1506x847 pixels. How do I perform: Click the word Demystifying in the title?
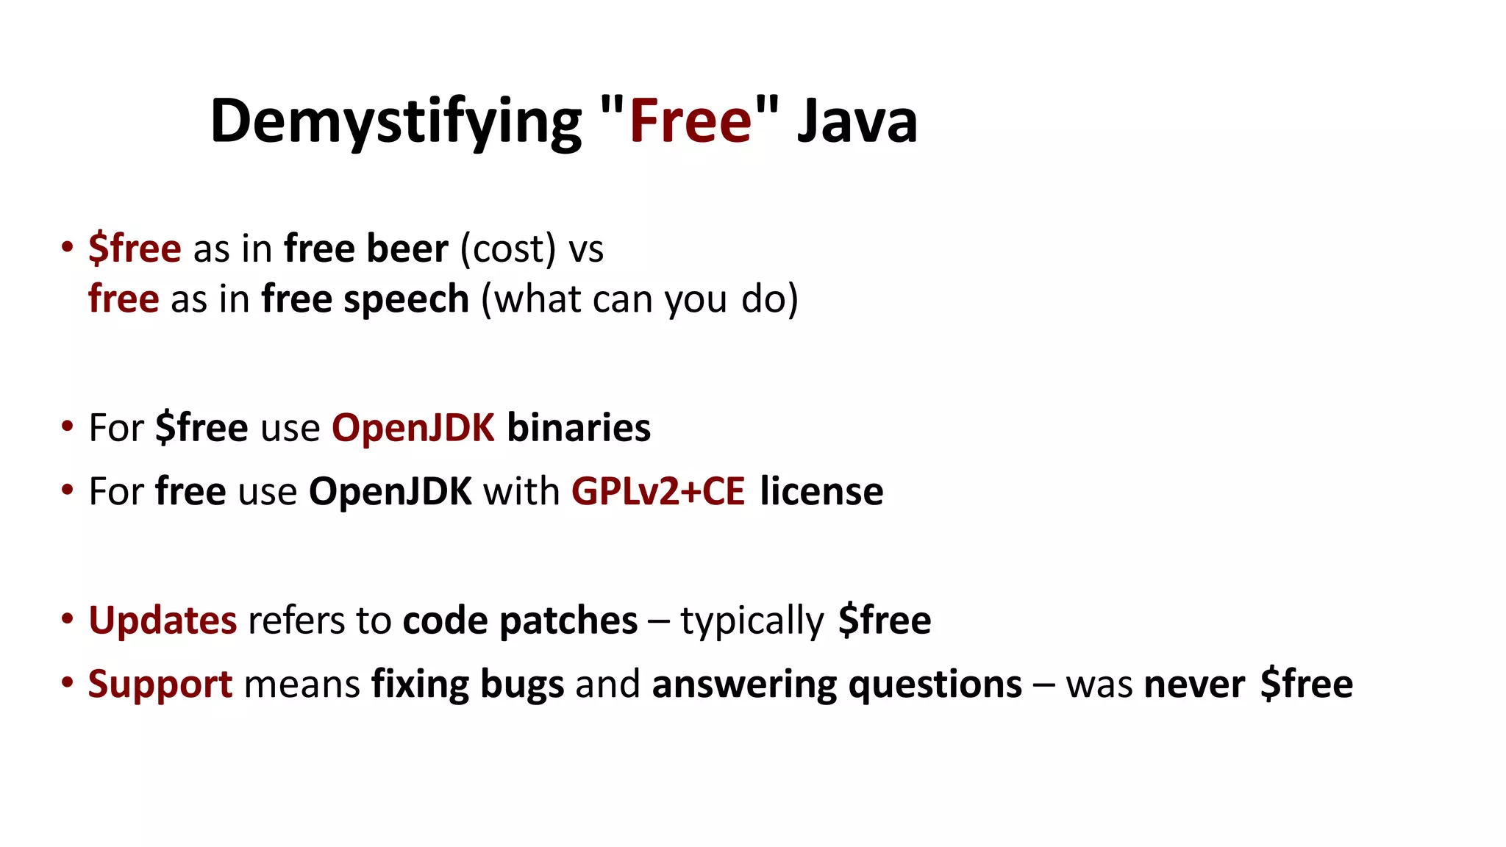pos(396,121)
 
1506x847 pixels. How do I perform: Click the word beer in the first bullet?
pos(407,249)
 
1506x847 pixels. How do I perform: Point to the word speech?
pos(406,300)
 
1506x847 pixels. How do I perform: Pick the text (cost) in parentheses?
pos(508,249)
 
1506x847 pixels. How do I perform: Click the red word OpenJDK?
pos(413,427)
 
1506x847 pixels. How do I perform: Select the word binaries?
pos(579,427)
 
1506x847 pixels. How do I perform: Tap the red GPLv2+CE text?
pos(658,491)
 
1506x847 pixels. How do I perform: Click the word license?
pos(821,491)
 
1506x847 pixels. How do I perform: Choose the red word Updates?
pos(163,620)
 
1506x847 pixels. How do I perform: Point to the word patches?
pos(568,620)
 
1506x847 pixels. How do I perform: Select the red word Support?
pos(160,684)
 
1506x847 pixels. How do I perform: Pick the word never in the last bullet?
pos(1195,684)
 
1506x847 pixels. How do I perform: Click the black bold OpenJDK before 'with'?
pos(390,491)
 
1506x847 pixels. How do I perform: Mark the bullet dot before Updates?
pos(68,619)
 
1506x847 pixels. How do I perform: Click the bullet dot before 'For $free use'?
pos(68,426)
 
